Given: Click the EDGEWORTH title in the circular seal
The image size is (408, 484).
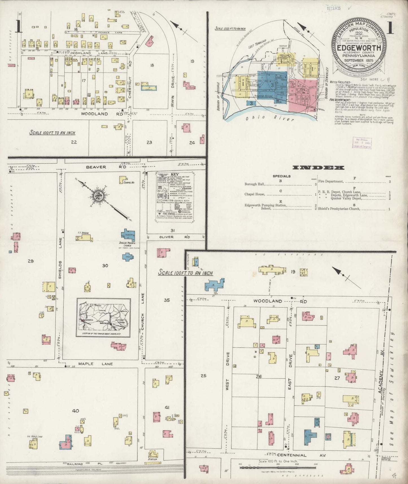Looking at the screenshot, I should point(359,47).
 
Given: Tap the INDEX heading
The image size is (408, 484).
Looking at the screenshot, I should point(318,168).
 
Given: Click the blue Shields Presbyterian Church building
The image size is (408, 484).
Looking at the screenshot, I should point(128,235).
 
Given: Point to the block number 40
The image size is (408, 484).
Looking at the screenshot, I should point(75,411).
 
